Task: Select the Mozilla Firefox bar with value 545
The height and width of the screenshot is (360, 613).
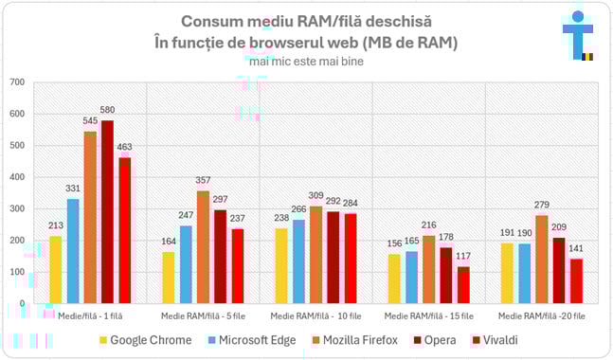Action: (90, 217)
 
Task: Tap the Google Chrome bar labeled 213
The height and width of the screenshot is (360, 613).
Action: (55, 270)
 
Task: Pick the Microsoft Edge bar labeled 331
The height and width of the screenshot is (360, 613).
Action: (73, 251)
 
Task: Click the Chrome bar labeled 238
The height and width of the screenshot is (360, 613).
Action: (281, 265)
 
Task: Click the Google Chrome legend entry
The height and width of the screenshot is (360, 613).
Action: (144, 339)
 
